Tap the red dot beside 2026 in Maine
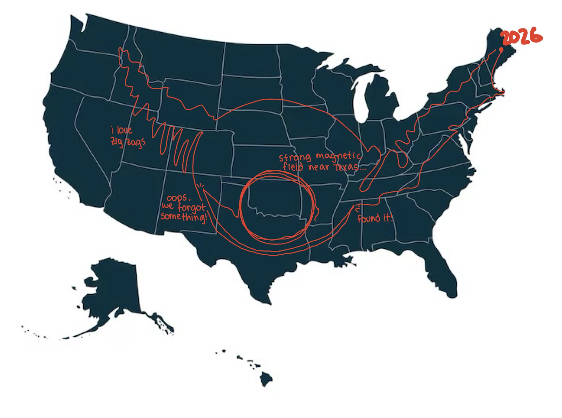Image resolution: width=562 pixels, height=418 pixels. point(501,50)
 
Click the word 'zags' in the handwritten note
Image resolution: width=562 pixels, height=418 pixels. point(136,142)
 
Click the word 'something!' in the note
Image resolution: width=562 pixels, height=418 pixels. point(184,217)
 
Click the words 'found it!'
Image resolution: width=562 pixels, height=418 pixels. point(374,218)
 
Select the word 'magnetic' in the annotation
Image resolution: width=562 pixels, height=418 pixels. point(338,156)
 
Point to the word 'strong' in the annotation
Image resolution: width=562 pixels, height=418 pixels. point(295,157)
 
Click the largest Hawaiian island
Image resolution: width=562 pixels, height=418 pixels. point(266,379)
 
